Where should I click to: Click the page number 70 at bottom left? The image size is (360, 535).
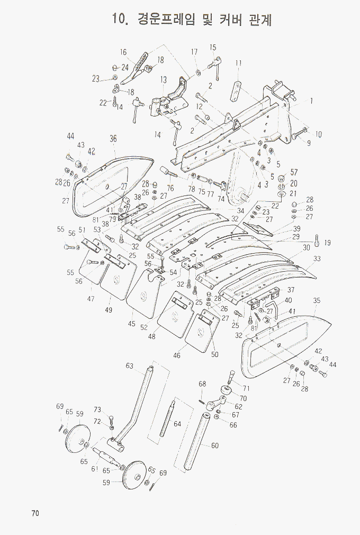pyautogui.click(x=35, y=513)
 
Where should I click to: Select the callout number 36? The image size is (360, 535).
pyautogui.click(x=113, y=139)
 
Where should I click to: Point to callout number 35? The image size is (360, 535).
pyautogui.click(x=317, y=301)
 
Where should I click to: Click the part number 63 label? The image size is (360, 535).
pyautogui.click(x=129, y=365)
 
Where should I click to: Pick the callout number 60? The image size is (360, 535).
pyautogui.click(x=214, y=445)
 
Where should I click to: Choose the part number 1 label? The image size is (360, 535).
pyautogui.click(x=312, y=100)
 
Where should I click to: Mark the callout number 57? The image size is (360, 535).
pyautogui.click(x=294, y=173)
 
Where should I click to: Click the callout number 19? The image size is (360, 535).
pyautogui.click(x=327, y=243)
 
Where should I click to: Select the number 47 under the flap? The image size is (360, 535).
pyautogui.click(x=91, y=299)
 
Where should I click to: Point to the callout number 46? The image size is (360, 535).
pyautogui.click(x=177, y=355)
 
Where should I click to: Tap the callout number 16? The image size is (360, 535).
pyautogui.click(x=123, y=52)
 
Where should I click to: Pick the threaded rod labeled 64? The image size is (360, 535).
pyautogui.click(x=171, y=419)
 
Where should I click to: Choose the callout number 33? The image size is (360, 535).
pyautogui.click(x=317, y=258)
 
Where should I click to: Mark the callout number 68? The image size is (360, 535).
pyautogui.click(x=202, y=384)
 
